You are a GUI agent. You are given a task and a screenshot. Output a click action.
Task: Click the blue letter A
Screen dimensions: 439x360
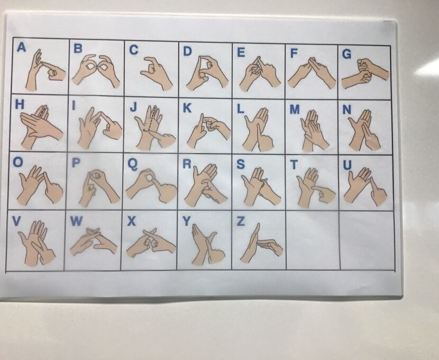tap(22, 47)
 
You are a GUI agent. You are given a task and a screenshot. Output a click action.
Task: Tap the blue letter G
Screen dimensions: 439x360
tap(346, 54)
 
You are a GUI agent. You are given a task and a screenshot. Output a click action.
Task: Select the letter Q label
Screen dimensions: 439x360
tap(132, 164)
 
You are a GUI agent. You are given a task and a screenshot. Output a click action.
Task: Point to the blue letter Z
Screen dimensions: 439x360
tap(241, 221)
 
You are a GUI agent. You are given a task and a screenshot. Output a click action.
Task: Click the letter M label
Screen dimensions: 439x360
tap(295, 109)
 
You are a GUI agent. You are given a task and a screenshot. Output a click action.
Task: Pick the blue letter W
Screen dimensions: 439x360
tap(76, 221)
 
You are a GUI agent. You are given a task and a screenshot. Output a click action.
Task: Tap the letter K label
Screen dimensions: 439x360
tap(187, 108)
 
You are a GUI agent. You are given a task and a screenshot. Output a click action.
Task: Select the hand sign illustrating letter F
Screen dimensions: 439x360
tap(312, 73)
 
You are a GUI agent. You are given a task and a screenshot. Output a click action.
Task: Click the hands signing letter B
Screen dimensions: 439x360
tap(96, 70)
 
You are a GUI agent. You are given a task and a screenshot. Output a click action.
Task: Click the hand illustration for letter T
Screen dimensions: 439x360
tap(316, 187)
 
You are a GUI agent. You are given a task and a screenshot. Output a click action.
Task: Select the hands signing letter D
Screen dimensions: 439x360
tap(207, 73)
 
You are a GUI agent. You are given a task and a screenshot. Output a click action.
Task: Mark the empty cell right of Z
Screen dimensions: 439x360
tap(313, 240)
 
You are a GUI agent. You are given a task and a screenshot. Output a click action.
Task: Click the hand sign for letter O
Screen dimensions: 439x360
tap(40, 185)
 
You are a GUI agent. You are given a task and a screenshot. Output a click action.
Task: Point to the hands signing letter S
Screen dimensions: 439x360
tap(261, 186)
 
